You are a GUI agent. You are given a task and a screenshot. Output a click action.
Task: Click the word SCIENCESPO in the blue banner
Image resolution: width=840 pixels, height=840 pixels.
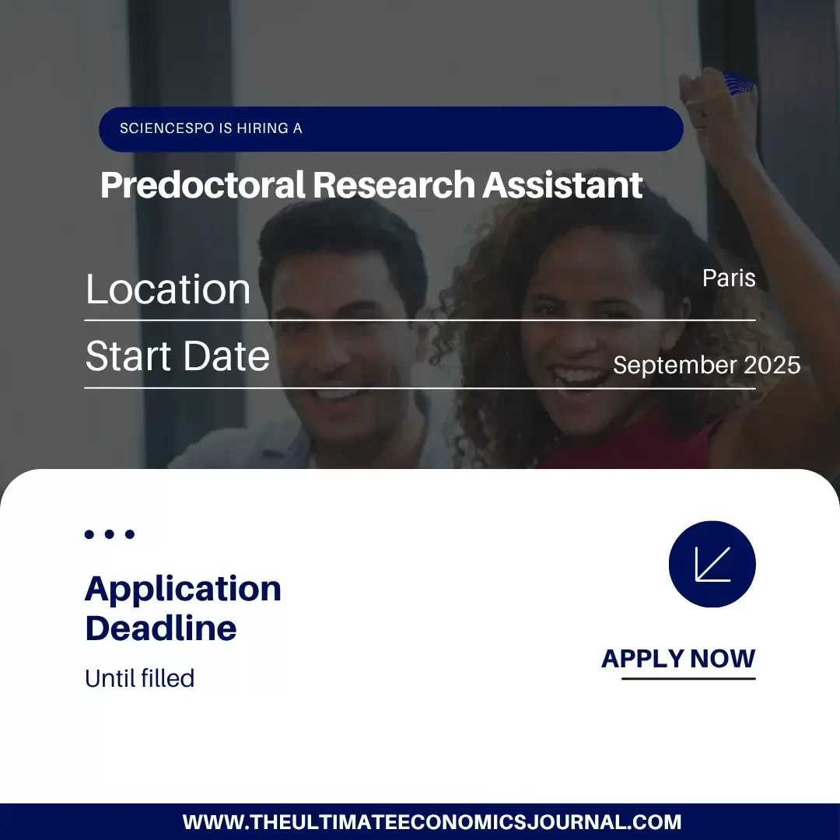coord(165,128)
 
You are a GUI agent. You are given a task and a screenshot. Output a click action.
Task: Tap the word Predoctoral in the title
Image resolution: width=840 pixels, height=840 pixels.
coord(203,185)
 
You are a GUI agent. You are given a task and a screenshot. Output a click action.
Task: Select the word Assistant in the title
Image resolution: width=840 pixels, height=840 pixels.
coord(562,185)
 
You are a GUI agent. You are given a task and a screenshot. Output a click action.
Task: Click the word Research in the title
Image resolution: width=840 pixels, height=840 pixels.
coord(394,185)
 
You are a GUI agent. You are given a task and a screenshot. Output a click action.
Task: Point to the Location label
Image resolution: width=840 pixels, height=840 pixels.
coord(168,289)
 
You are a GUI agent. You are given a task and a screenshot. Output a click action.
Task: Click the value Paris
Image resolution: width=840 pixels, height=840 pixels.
coord(729,278)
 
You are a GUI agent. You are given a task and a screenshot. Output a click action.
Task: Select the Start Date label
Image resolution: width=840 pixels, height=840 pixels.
coord(177,356)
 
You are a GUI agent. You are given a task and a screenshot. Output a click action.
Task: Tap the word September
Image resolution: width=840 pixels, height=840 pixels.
coord(674,365)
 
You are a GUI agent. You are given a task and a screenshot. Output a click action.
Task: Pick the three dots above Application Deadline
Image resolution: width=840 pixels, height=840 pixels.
coord(110,534)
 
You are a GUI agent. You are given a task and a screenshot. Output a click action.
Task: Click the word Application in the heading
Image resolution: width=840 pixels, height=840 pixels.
coord(183,589)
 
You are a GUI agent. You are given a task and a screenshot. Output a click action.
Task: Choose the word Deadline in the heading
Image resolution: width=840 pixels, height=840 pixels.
coord(161,628)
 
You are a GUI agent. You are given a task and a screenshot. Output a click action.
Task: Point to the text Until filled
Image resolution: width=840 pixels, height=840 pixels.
coord(139,678)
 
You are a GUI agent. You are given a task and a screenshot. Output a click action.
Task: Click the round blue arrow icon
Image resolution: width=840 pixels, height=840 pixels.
coord(712,564)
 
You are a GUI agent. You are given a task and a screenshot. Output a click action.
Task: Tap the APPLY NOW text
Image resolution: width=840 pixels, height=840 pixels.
coord(678,659)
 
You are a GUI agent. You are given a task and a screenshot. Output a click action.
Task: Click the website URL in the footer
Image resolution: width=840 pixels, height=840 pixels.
coord(432,822)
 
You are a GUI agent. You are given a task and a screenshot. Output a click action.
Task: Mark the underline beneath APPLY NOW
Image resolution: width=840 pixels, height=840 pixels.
coord(688,678)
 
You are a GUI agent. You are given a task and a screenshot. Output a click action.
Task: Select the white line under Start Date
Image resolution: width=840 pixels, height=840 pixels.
coord(420,387)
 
